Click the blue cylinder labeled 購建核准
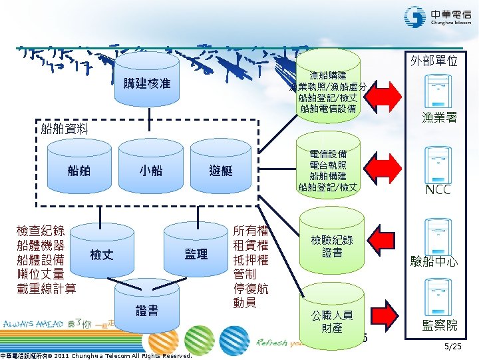coord(147,83)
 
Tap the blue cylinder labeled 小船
coord(150,171)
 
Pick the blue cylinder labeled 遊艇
coord(220,171)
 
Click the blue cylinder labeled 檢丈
coord(102,254)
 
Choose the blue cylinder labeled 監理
coord(196,254)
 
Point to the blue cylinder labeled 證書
coord(146,311)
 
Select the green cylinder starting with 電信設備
coord(328,171)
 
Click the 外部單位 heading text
coord(434,61)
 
